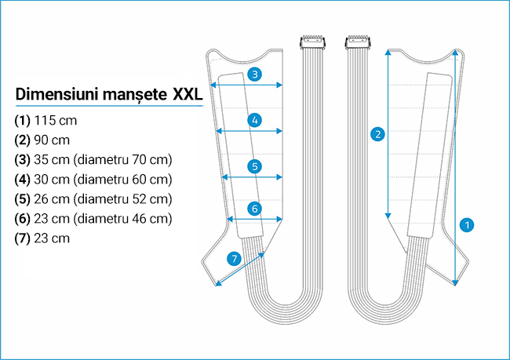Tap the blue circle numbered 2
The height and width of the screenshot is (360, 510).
click(x=379, y=134)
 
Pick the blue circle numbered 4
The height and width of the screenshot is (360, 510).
click(x=254, y=120)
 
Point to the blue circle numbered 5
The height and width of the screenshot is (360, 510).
click(x=254, y=166)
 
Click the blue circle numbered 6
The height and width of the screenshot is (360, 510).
click(x=254, y=209)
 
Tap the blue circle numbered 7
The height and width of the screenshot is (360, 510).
click(x=233, y=258)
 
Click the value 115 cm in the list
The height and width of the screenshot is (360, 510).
click(x=56, y=122)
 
